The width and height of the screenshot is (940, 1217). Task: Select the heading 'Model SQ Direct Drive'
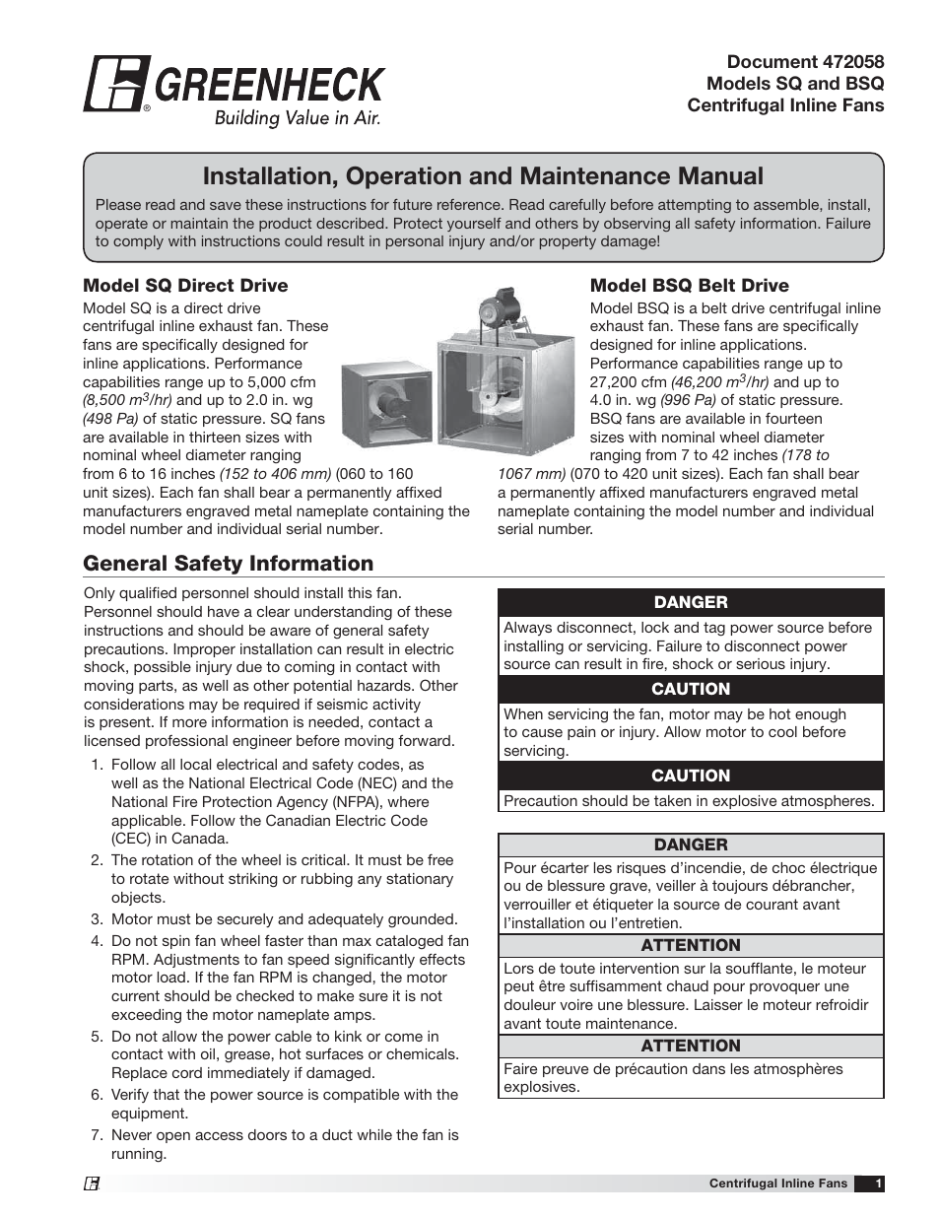coord(185,286)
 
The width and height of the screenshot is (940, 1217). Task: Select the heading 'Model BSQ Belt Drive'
coord(689,286)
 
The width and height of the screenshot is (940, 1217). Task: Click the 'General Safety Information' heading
coord(228,564)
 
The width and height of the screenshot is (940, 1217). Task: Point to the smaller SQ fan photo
coord(386,404)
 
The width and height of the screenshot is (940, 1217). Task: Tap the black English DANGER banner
coord(691,602)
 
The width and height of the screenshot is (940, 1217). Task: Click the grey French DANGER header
coord(691,845)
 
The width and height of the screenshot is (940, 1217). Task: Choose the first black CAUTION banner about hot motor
coord(691,689)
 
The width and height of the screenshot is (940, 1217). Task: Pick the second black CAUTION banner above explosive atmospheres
coord(691,776)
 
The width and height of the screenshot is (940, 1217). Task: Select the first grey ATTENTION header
coord(691,945)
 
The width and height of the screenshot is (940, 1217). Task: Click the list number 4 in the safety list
coord(97,941)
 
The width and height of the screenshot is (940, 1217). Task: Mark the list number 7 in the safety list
coord(97,1135)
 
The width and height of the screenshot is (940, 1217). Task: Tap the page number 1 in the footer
coord(878,1183)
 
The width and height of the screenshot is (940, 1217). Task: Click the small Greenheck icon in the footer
coord(91,1184)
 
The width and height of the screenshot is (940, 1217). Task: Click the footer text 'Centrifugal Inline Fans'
coord(777,1183)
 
